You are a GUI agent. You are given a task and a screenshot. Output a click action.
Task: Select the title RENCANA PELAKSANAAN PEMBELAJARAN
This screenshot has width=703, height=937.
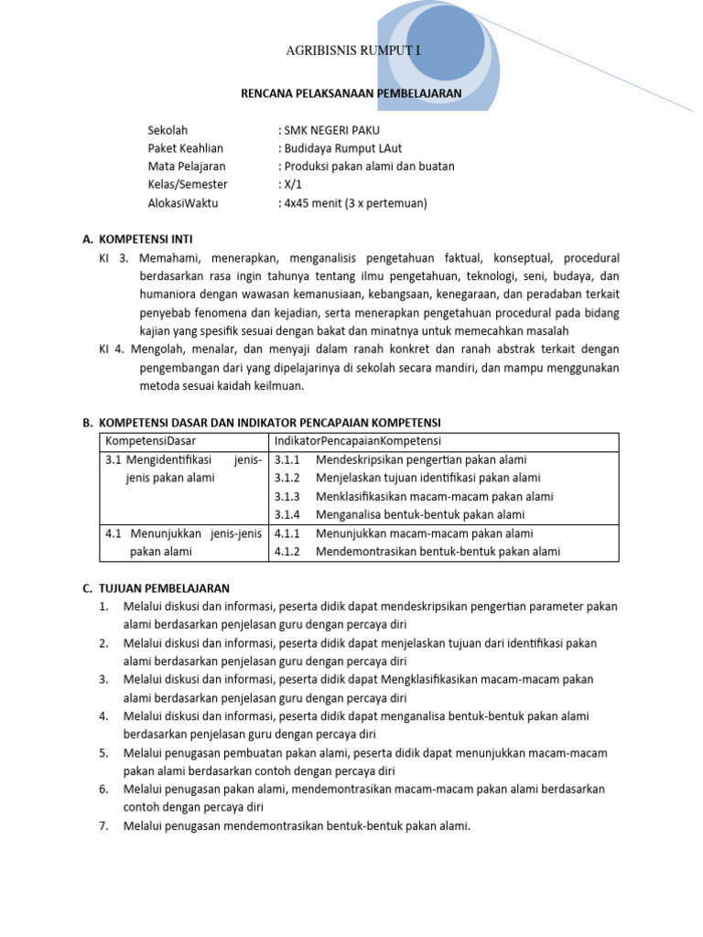coord(351,93)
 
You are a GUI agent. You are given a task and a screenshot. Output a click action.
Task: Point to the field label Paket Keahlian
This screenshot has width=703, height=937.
coord(185,148)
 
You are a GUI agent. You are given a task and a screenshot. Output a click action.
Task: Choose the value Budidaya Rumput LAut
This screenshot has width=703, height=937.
coord(340,148)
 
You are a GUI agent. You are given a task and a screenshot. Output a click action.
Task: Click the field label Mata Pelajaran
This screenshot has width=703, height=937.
coord(186,167)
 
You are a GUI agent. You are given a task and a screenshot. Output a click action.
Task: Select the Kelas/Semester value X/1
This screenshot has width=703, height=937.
coord(291,185)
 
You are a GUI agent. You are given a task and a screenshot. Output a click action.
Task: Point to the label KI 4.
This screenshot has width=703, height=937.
coord(112,350)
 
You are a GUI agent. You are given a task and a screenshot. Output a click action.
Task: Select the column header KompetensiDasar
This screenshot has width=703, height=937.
coord(151,441)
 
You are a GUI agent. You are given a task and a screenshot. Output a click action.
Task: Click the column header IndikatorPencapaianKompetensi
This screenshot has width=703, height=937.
coord(358,441)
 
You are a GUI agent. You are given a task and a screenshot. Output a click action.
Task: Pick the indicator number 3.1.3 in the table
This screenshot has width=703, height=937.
coord(287,496)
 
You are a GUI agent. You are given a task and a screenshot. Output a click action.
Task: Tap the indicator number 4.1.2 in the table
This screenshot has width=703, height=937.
coord(287,551)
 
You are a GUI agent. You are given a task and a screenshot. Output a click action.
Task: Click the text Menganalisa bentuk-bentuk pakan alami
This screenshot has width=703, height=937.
coord(420,514)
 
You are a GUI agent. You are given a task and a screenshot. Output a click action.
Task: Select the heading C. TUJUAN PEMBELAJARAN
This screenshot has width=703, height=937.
coord(156,587)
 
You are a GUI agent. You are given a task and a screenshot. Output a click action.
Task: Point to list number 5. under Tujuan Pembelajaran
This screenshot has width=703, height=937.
coord(103,752)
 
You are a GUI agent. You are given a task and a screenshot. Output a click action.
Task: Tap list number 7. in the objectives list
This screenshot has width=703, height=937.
coord(103,825)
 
